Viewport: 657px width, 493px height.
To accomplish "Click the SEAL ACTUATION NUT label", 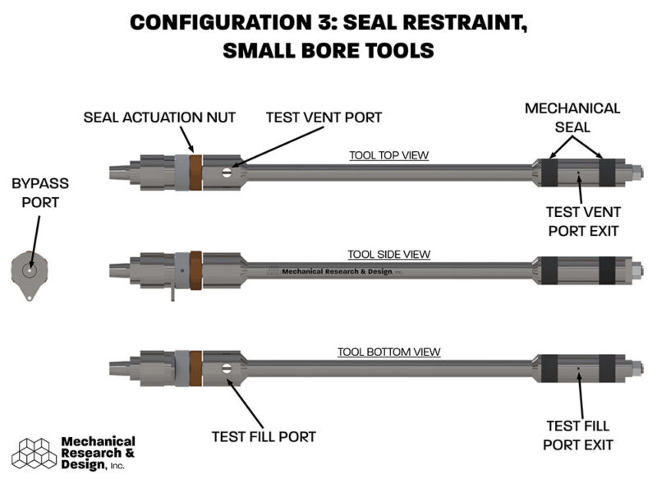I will click(159, 117).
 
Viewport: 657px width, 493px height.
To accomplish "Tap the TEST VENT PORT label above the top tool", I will click(324, 117).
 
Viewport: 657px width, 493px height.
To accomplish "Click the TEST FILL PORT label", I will click(263, 436).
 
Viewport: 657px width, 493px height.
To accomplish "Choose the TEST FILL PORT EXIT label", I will click(580, 435).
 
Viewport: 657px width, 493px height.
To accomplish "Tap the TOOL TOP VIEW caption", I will click(388, 155).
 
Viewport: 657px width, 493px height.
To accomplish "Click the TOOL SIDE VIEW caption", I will click(388, 255).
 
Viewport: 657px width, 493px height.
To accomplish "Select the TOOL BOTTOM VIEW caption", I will click(388, 352).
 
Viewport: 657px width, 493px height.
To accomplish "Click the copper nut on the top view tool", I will click(195, 171).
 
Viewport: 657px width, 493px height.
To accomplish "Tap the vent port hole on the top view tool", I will click(227, 172).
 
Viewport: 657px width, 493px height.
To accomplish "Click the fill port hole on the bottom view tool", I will click(227, 367).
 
